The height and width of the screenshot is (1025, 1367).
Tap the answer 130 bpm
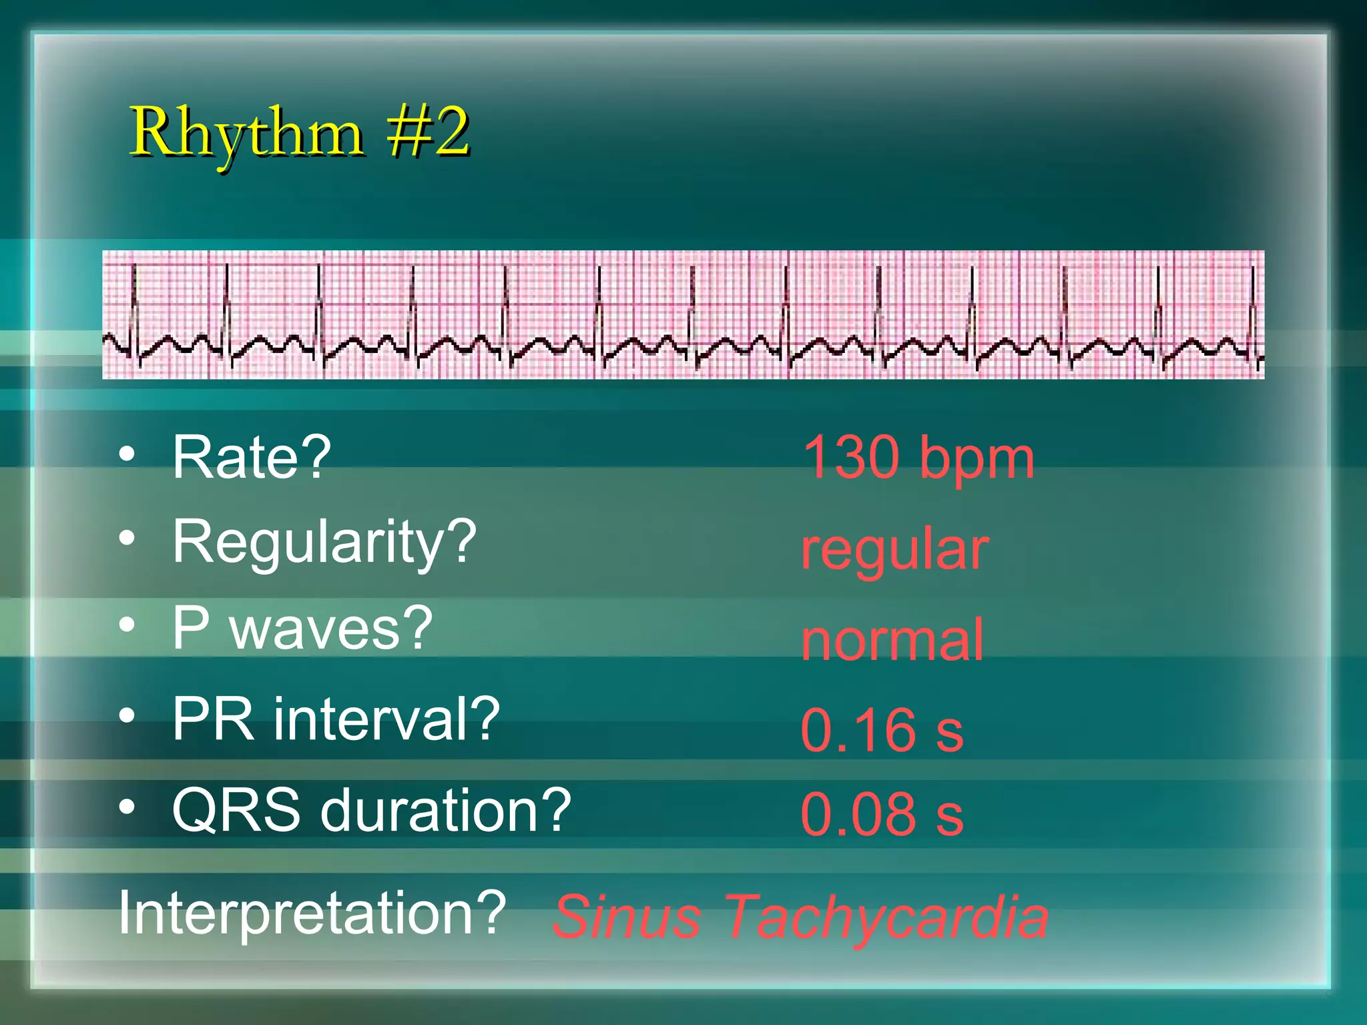[918, 458]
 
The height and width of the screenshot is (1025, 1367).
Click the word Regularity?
[324, 542]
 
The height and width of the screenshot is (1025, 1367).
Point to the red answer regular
[894, 550]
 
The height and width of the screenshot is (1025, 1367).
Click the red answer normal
[892, 640]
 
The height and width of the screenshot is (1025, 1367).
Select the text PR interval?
[336, 719]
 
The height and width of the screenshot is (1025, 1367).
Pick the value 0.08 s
[882, 814]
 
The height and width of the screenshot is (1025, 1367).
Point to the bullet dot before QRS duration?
[127, 807]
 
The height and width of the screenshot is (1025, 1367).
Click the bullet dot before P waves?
[127, 625]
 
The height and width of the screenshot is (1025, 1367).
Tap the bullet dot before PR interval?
[127, 716]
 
